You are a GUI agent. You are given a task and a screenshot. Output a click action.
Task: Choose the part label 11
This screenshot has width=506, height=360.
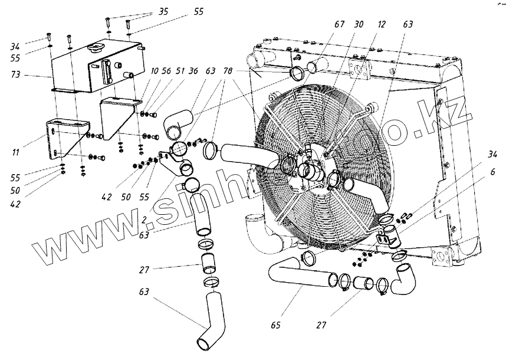coord(15,152)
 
